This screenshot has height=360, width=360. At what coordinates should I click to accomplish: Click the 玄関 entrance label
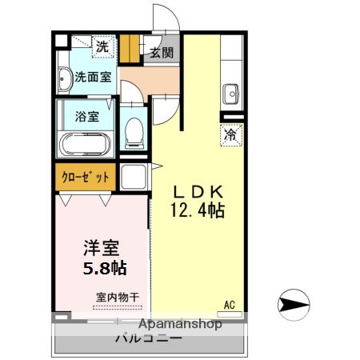(x=161, y=53)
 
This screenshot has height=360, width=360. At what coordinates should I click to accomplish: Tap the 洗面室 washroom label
(x=93, y=78)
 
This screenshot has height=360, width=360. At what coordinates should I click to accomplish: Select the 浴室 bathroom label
(x=87, y=115)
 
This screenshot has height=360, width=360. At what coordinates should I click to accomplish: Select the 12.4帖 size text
(x=197, y=211)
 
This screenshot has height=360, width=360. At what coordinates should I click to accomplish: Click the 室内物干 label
(x=118, y=297)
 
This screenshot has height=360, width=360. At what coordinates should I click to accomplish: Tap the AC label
(x=229, y=305)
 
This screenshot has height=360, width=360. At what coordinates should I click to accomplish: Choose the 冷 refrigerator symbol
(x=230, y=134)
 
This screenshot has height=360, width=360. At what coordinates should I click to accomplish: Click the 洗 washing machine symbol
(x=102, y=46)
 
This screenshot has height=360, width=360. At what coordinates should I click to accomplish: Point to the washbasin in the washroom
(x=64, y=78)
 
